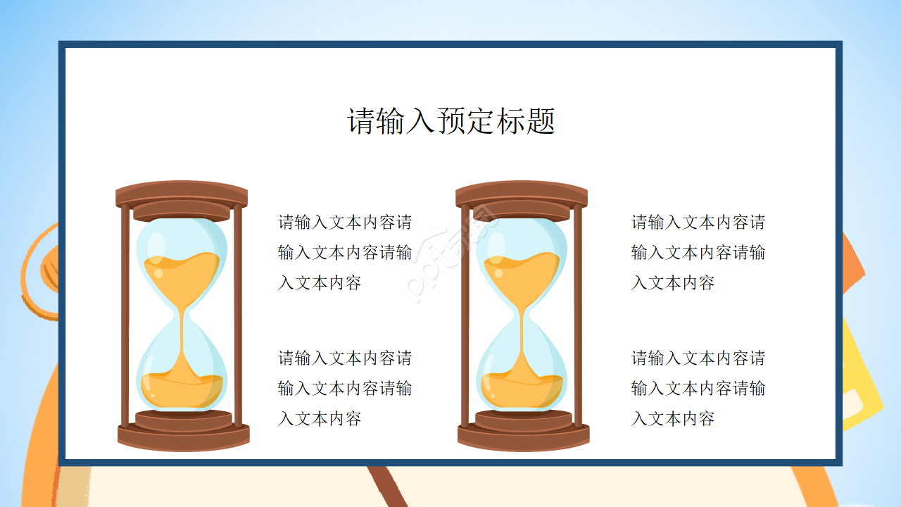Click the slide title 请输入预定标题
(x=451, y=121)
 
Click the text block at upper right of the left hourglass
(x=345, y=252)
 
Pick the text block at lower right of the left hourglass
(x=345, y=388)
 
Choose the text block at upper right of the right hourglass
(x=698, y=252)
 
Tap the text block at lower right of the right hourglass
(x=698, y=388)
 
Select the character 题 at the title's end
(x=541, y=121)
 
